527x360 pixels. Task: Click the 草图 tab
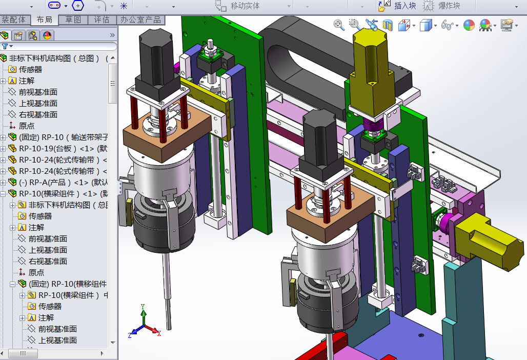(73, 19)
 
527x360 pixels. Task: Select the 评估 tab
(102, 19)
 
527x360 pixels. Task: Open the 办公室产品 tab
(140, 19)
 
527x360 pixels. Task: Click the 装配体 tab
(13, 19)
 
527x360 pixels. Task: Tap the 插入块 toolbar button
(397, 6)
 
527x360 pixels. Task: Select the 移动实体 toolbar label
(245, 6)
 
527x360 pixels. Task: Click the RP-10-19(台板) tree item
(56, 148)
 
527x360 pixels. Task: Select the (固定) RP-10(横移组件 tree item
(67, 284)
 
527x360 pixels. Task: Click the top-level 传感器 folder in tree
(30, 69)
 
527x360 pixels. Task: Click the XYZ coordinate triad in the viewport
(144, 323)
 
